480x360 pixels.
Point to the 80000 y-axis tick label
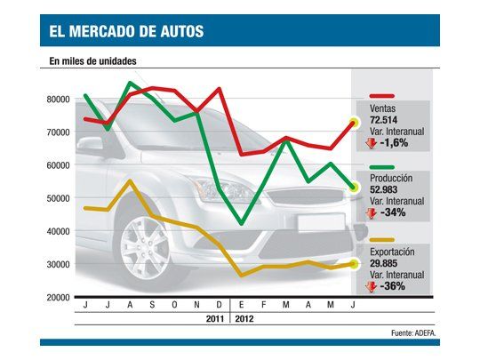tap(58, 100)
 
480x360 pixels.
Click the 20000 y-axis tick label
tap(58, 298)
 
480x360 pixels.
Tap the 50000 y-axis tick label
tap(58, 198)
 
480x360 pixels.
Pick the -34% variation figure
tap(394, 213)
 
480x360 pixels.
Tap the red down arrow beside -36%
tap(372, 286)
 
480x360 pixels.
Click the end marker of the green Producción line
tap(354, 188)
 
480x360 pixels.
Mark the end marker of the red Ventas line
tap(354, 123)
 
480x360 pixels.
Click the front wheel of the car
tap(145, 244)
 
